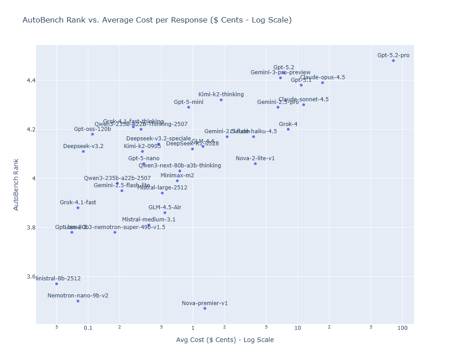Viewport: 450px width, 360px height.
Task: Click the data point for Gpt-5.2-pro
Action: pyautogui.click(x=393, y=61)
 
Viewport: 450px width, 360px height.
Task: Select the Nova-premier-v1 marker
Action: pyautogui.click(x=205, y=308)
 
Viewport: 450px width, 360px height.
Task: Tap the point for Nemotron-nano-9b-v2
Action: pyautogui.click(x=78, y=301)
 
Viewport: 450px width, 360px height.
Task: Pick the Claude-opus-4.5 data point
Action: pyautogui.click(x=323, y=83)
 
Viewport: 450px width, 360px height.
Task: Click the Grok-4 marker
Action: pyautogui.click(x=288, y=129)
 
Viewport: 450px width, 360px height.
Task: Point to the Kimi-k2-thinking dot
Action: pyautogui.click(x=221, y=100)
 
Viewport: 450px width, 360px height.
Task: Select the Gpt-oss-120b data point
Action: pyautogui.click(x=92, y=134)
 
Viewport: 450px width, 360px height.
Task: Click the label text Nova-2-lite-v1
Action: pyautogui.click(x=255, y=158)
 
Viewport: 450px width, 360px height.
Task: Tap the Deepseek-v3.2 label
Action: pyautogui.click(x=83, y=146)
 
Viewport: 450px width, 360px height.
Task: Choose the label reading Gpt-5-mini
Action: pyautogui.click(x=189, y=102)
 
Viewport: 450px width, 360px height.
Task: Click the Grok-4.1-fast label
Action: pyautogui.click(x=78, y=202)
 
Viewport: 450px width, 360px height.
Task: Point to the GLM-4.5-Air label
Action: pyautogui.click(x=165, y=207)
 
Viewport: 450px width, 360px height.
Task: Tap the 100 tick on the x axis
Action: pyautogui.click(x=402, y=328)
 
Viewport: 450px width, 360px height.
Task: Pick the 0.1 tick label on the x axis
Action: pyautogui.click(x=88, y=328)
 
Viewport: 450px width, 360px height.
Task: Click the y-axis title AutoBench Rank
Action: pyautogui.click(x=16, y=184)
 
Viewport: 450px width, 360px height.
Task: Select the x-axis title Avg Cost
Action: pyautogui.click(x=225, y=340)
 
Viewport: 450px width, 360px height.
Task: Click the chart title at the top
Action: pyautogui.click(x=157, y=20)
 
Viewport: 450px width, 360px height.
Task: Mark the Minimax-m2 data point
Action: pyautogui.click(x=177, y=181)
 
